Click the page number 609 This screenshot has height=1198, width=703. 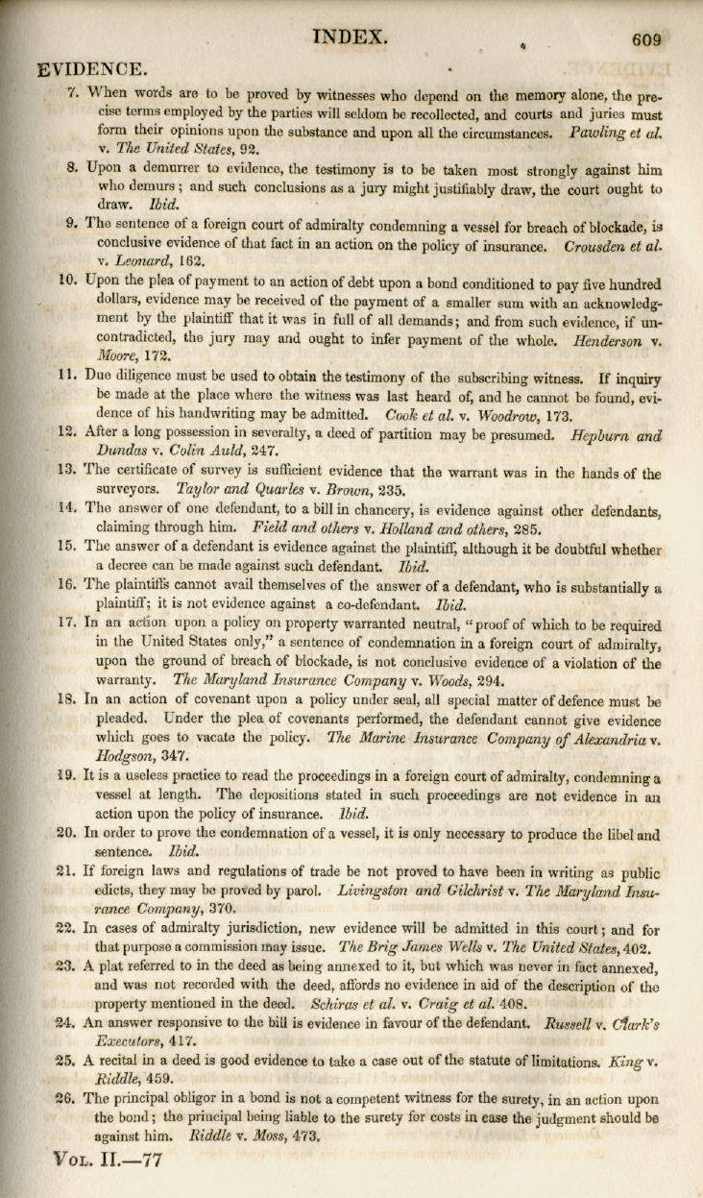click(x=647, y=40)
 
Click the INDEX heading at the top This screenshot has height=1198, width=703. click(x=351, y=37)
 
